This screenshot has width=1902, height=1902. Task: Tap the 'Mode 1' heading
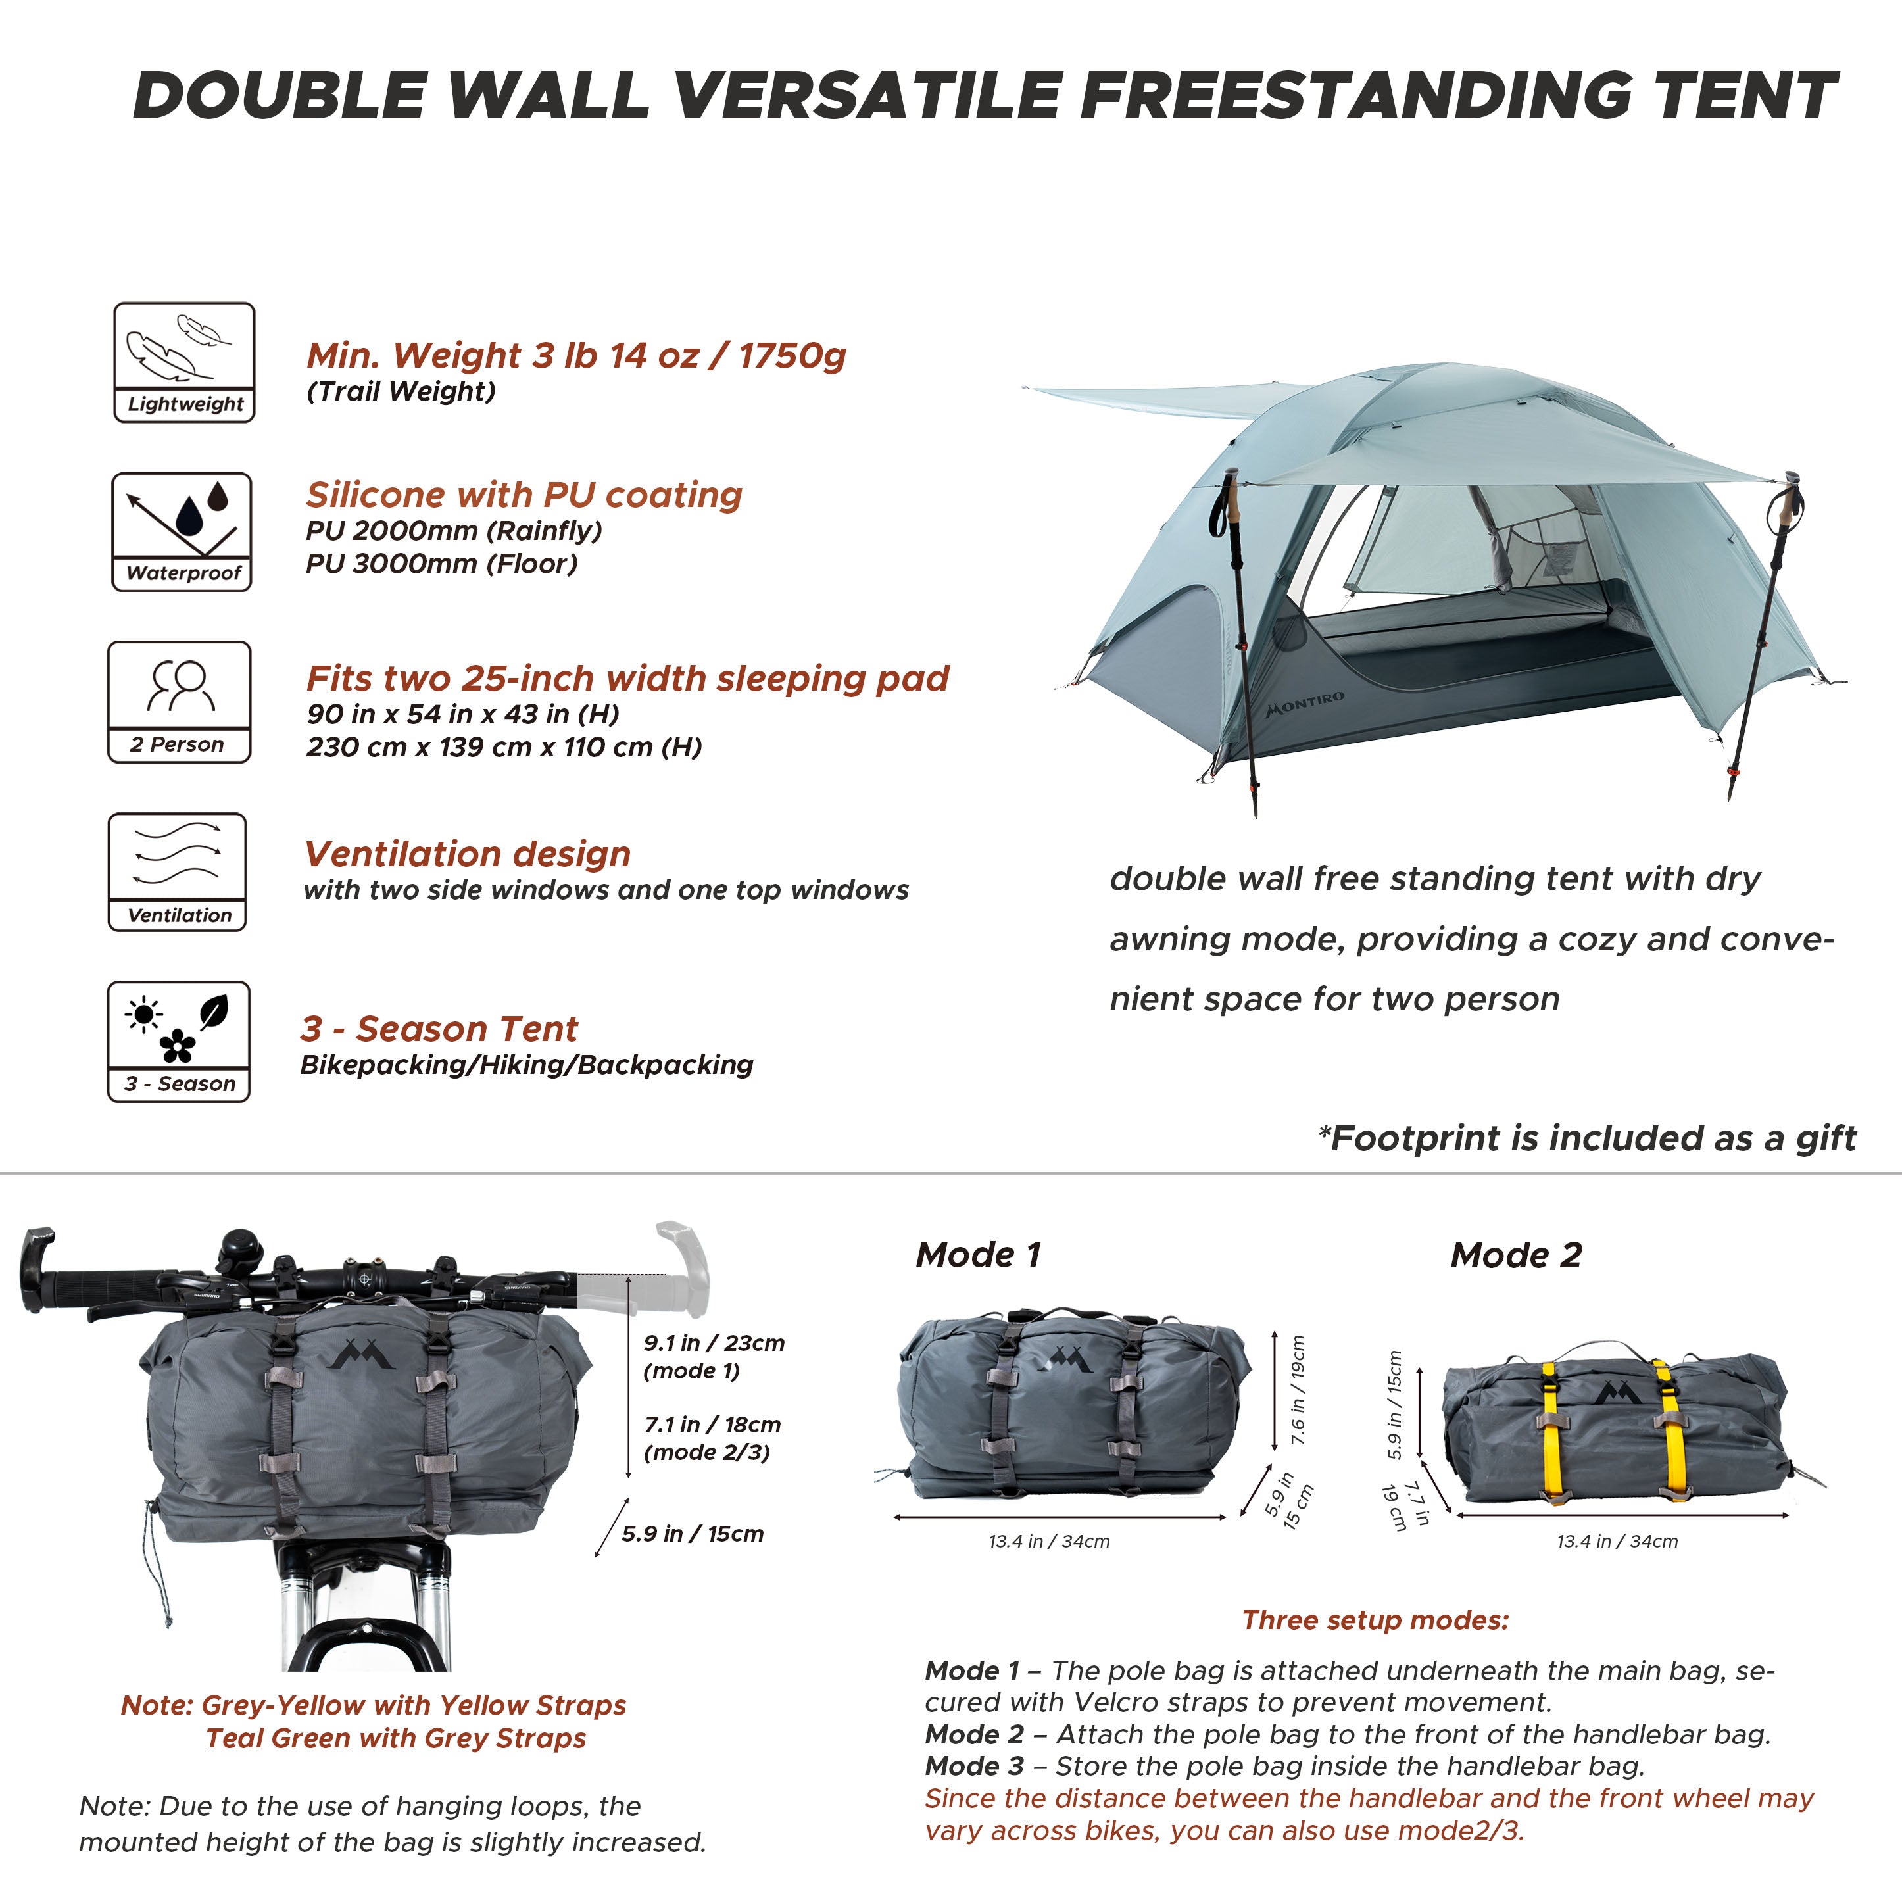tap(977, 1256)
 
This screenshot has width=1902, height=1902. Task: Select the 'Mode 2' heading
tap(1516, 1256)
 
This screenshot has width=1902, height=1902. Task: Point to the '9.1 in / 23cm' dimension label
tap(714, 1344)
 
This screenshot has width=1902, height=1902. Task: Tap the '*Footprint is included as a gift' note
tap(1587, 1138)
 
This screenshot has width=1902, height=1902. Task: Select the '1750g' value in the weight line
tap(792, 355)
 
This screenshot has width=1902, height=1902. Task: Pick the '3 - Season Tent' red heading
tap(439, 1029)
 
